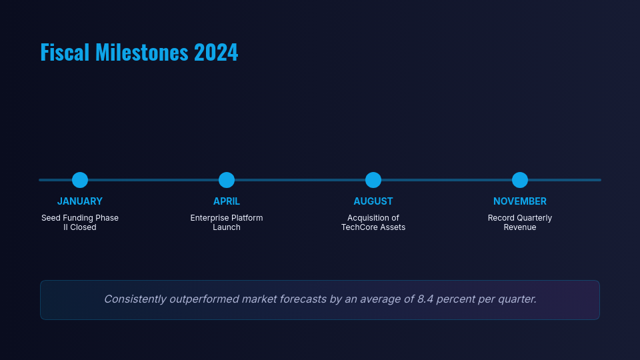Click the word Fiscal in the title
[x=65, y=52]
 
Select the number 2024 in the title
[x=216, y=52]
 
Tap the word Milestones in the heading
[x=141, y=52]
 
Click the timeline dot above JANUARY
[x=80, y=180]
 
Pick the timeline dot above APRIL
[x=227, y=180]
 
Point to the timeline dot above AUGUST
[x=373, y=180]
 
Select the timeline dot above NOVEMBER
[x=520, y=180]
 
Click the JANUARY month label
[x=80, y=201]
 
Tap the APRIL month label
[x=227, y=201]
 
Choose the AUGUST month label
[x=373, y=201]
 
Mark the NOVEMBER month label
[x=520, y=201]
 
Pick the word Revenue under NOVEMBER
[x=520, y=227]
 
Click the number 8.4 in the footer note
[x=425, y=299]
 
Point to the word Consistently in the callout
[x=135, y=299]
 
